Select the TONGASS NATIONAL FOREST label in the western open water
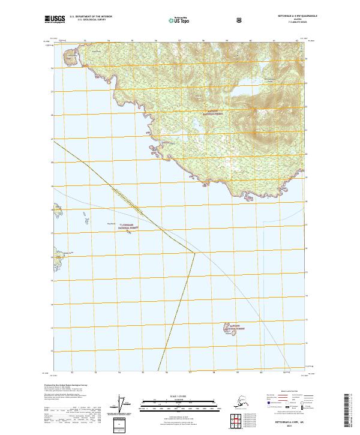coord(127,228)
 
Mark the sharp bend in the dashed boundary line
coord(195,253)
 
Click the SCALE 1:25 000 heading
coord(179,397)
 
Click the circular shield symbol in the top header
coord(241,20)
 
